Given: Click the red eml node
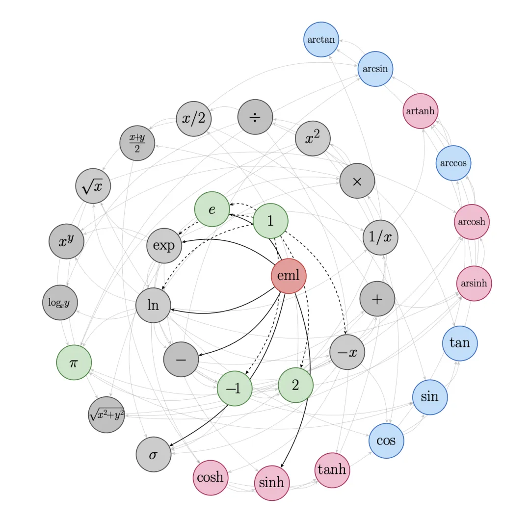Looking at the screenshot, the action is tap(289, 276).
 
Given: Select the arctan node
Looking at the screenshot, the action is tap(321, 40).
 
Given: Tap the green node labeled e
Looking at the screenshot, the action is tap(212, 209).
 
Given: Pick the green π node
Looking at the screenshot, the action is tap(74, 363).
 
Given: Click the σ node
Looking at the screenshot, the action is tap(154, 454).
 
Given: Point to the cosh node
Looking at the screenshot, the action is tap(211, 478).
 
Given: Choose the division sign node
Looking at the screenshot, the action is tap(255, 117).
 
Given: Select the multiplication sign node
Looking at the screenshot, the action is tap(357, 181).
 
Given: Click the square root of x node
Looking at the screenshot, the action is tap(93, 186).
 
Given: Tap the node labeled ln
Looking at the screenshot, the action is tap(153, 305).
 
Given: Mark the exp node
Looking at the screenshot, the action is tap(164, 246).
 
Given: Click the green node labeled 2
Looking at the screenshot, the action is tap(296, 385).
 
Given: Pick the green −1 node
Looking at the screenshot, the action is tap(235, 388).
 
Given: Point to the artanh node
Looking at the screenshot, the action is tap(421, 111).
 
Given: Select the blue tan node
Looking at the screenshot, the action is tap(460, 343).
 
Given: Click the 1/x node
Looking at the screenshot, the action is tap(380, 237).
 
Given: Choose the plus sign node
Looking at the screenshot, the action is tap(377, 299).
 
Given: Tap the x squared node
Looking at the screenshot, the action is tap(313, 138).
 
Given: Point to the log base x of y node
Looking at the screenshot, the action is tap(60, 302).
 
